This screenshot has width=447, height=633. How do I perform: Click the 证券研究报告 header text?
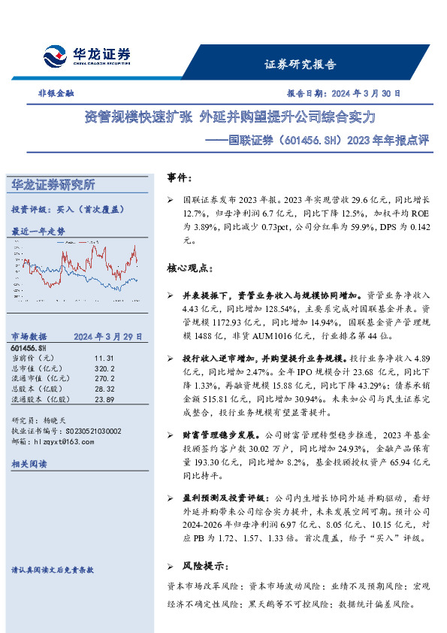[x=300, y=65]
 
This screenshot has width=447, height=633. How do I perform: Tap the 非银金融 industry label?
[x=56, y=94]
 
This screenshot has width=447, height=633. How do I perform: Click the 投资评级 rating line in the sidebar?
[x=67, y=210]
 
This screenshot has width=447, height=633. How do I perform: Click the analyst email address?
[x=62, y=442]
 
